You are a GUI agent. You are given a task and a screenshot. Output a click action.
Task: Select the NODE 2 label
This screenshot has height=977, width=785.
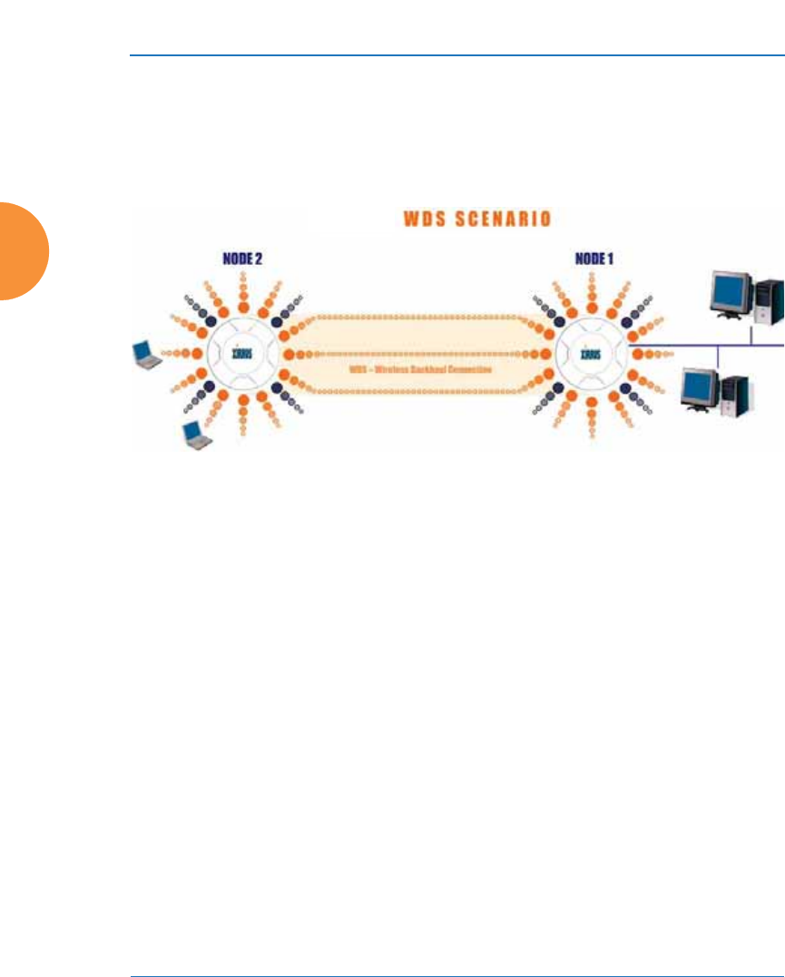tap(242, 258)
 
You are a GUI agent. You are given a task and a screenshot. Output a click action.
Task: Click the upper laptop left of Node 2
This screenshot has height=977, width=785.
tap(144, 354)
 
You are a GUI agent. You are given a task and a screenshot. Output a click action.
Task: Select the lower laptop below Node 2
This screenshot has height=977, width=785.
tap(196, 436)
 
